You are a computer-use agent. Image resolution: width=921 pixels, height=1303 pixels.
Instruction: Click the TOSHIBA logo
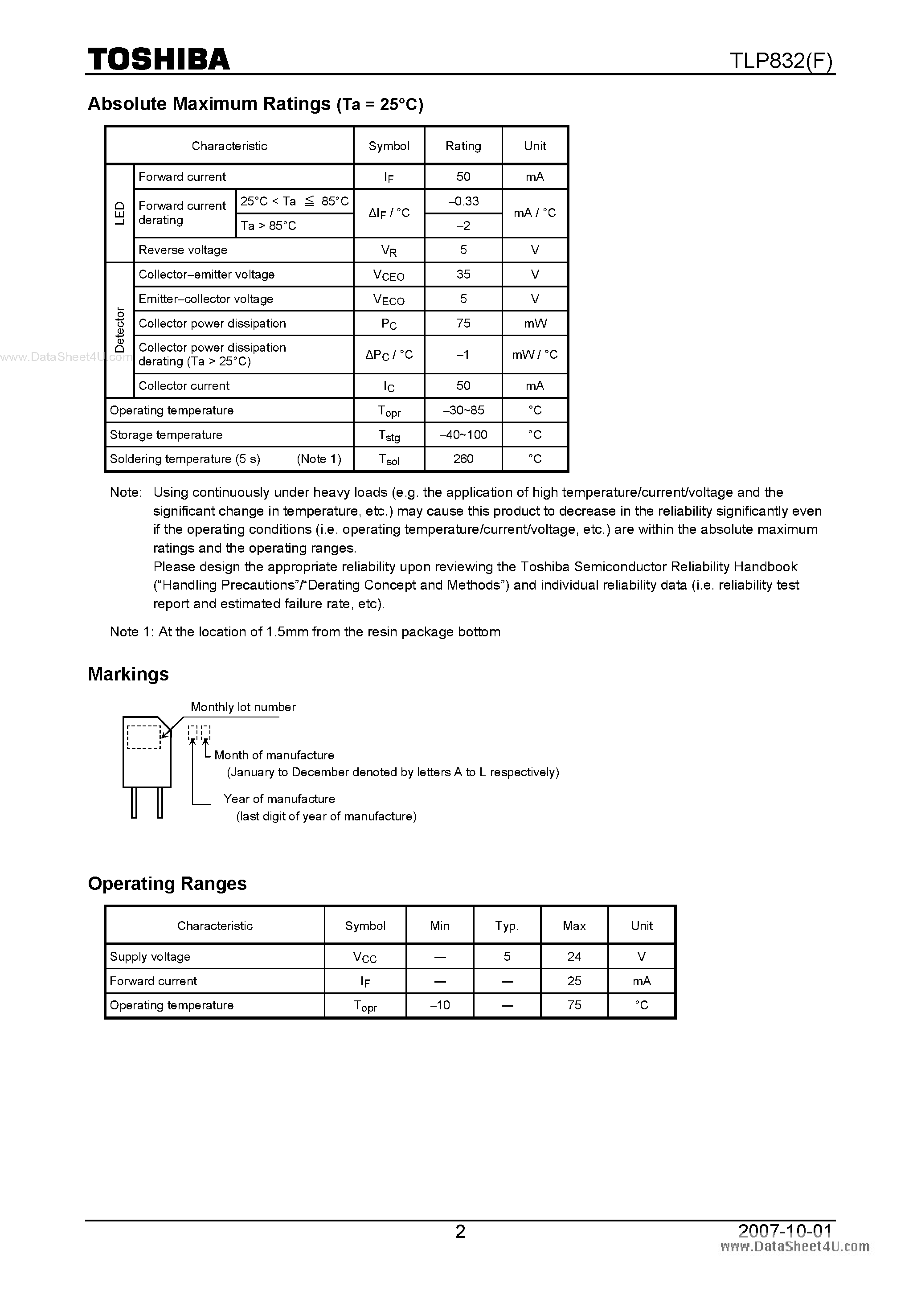pyautogui.click(x=158, y=59)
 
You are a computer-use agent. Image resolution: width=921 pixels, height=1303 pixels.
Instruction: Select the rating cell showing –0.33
pyautogui.click(x=463, y=201)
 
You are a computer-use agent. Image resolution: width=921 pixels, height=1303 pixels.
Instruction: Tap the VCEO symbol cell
pyautogui.click(x=389, y=275)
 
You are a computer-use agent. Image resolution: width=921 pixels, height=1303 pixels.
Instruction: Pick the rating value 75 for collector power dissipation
pyautogui.click(x=463, y=323)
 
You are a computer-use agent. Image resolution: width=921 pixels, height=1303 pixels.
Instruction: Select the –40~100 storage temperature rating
pyautogui.click(x=463, y=435)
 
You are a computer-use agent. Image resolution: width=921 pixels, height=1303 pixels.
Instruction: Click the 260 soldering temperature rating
pyautogui.click(x=463, y=459)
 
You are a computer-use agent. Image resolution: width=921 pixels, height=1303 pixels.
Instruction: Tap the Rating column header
pyautogui.click(x=463, y=146)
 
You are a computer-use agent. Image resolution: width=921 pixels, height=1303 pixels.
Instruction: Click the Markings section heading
pyautogui.click(x=128, y=674)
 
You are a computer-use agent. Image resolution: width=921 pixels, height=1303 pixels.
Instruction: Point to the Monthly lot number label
pyautogui.click(x=243, y=707)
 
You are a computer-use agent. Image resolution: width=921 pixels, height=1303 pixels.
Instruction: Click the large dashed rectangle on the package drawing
pyautogui.click(x=143, y=737)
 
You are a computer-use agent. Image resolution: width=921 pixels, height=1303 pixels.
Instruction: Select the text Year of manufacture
pyautogui.click(x=279, y=799)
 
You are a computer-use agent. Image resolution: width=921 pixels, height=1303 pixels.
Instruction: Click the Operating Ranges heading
pyautogui.click(x=167, y=884)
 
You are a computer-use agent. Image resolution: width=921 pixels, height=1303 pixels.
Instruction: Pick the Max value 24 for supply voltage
pyautogui.click(x=574, y=956)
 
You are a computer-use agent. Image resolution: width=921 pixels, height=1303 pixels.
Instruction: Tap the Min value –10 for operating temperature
pyautogui.click(x=439, y=1005)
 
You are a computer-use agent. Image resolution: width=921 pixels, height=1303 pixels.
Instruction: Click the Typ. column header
pyautogui.click(x=507, y=926)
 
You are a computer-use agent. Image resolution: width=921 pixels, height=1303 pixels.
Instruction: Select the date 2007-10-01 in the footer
pyautogui.click(x=785, y=1230)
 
